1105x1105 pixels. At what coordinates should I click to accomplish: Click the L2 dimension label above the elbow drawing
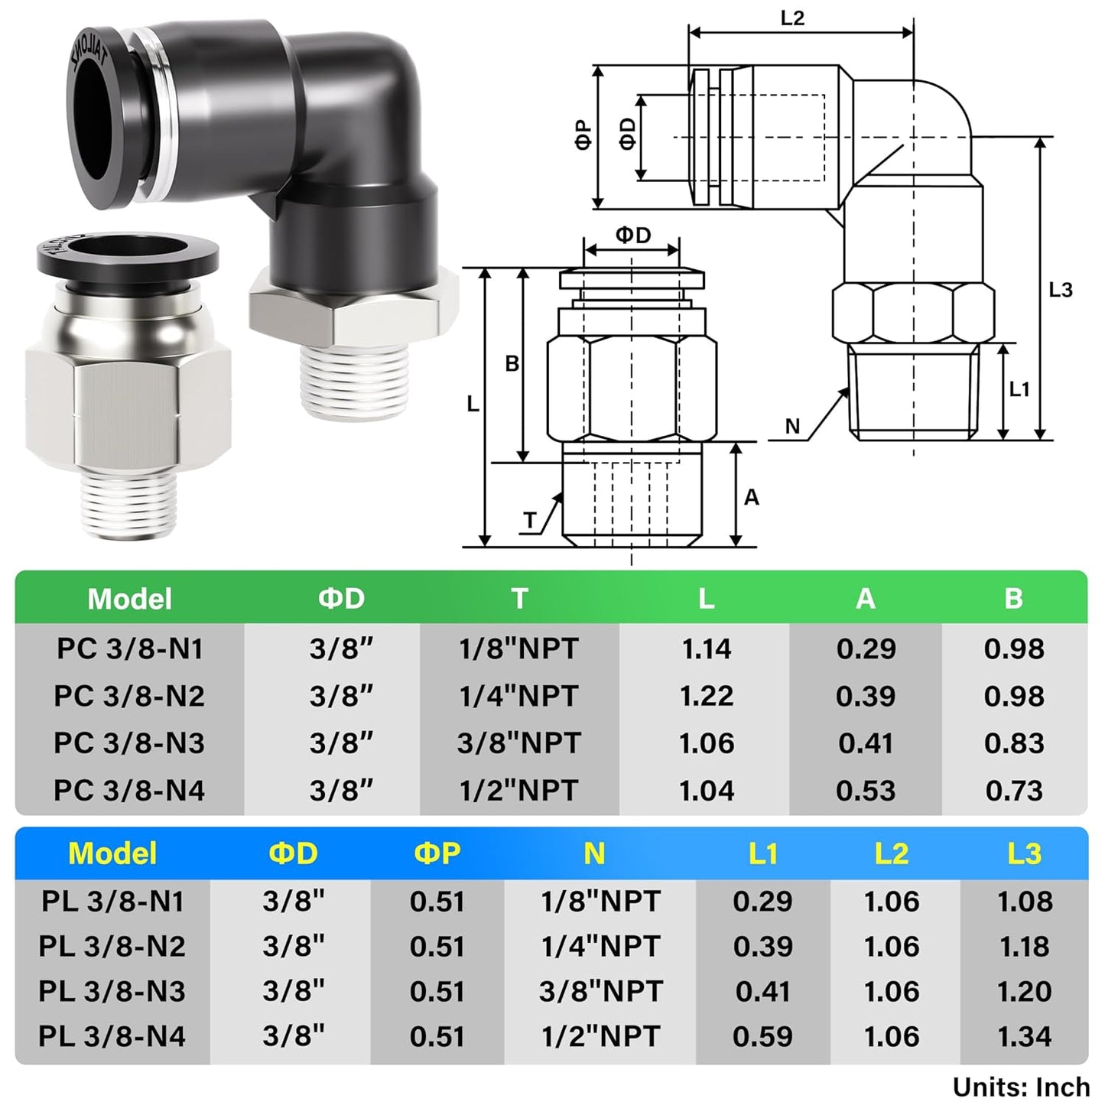click(x=792, y=18)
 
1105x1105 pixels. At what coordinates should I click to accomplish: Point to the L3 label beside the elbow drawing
click(x=1060, y=290)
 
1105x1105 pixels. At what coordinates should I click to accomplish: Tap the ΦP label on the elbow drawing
click(x=583, y=135)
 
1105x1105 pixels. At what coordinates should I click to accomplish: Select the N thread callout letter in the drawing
click(x=792, y=427)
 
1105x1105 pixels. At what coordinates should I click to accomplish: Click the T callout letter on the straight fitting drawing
click(x=530, y=521)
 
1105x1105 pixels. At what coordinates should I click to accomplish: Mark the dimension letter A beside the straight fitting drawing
click(x=751, y=497)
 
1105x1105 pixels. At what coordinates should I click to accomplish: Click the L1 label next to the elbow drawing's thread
click(x=1019, y=389)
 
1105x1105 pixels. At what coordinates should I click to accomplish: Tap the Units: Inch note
click(x=1020, y=1087)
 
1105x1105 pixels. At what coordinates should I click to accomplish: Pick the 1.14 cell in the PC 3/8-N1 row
click(x=706, y=649)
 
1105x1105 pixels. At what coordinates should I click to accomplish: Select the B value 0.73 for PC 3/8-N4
click(x=1013, y=791)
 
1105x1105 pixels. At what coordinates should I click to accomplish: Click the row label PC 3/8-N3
click(x=129, y=743)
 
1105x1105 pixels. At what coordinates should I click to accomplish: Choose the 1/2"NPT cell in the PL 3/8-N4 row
click(x=600, y=1037)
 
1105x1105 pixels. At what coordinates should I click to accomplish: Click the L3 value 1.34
click(x=1024, y=1037)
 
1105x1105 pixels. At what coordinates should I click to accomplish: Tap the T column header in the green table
click(x=520, y=598)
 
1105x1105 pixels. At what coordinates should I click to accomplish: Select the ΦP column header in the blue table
click(x=437, y=853)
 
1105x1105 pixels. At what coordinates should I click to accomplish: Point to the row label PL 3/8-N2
click(x=112, y=947)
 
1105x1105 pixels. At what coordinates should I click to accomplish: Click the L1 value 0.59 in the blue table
click(x=762, y=1037)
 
